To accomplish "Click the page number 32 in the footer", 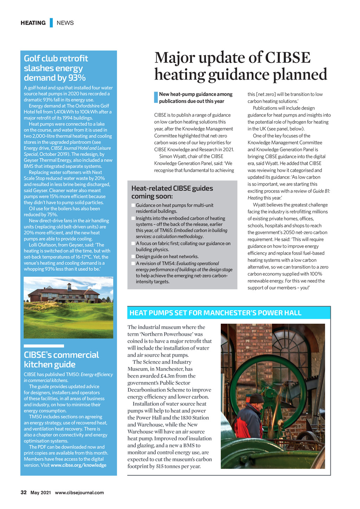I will (x=24, y=492).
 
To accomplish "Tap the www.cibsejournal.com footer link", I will (x=79, y=492).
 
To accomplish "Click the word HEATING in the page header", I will (x=33, y=23).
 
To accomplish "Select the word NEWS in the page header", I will (x=65, y=23).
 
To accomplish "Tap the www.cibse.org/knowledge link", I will (x=78, y=465).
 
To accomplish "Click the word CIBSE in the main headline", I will (x=288, y=58).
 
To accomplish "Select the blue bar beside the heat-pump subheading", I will (x=156, y=97).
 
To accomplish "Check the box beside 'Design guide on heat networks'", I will (x=133, y=257).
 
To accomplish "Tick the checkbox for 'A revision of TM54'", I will (x=133, y=264).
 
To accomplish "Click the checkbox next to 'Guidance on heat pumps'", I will (x=133, y=205).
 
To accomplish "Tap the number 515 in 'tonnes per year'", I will (x=161, y=466).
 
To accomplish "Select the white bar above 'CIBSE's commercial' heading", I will (x=44, y=346).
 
